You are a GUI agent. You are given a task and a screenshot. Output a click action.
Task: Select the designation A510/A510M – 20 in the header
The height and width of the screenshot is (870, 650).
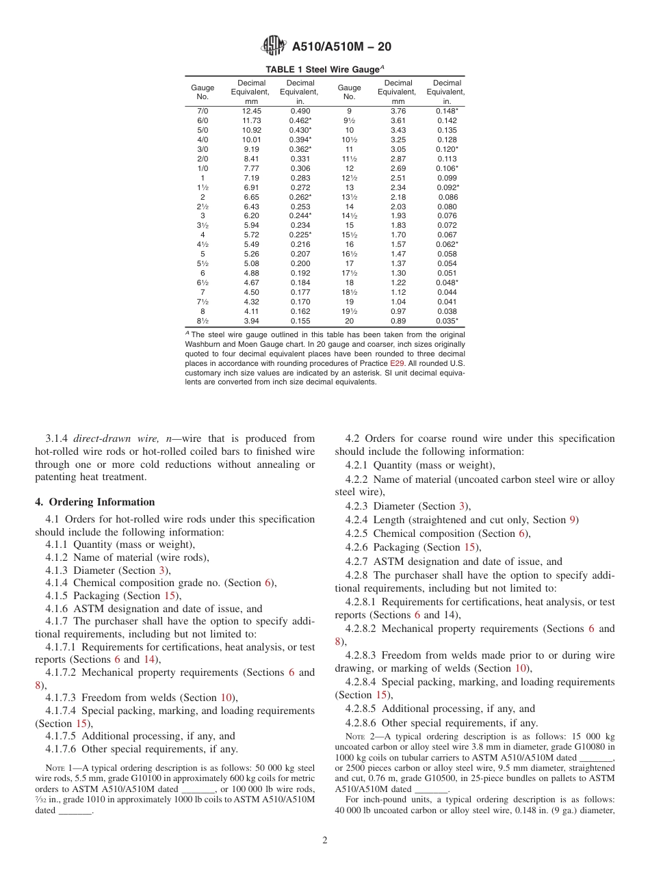pos(341,47)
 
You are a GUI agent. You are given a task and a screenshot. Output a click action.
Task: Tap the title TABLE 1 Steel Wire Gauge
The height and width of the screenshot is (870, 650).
pos(323,69)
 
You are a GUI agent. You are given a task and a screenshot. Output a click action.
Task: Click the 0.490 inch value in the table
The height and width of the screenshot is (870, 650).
pos(300,111)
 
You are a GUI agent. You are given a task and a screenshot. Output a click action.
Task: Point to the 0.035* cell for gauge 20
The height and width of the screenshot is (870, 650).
pos(447,321)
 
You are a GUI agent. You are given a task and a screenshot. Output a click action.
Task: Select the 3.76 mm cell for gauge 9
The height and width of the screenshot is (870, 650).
pos(398,111)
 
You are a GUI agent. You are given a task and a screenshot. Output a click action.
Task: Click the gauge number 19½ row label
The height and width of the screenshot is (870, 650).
pos(349,311)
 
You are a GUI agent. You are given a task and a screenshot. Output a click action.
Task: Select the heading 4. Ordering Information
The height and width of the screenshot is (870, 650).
pos(95,501)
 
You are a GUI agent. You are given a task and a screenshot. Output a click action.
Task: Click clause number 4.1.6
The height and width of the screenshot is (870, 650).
pos(57,609)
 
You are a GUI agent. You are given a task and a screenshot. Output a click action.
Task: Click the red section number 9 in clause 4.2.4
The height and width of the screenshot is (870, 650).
pos(573,520)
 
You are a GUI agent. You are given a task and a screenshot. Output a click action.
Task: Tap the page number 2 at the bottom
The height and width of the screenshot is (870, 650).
pos(325,840)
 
